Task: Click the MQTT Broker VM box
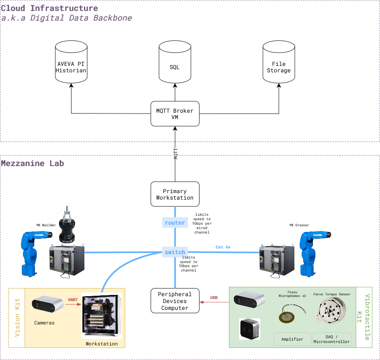click(x=175, y=114)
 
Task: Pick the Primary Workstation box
click(x=175, y=194)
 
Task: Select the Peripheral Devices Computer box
click(x=175, y=301)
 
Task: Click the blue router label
click(x=175, y=223)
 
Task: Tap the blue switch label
click(x=175, y=252)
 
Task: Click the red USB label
click(x=214, y=298)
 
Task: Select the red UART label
click(x=73, y=299)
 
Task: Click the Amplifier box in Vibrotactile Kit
click(x=292, y=339)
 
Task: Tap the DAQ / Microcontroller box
click(x=332, y=339)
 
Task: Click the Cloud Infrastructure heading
click(x=49, y=8)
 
